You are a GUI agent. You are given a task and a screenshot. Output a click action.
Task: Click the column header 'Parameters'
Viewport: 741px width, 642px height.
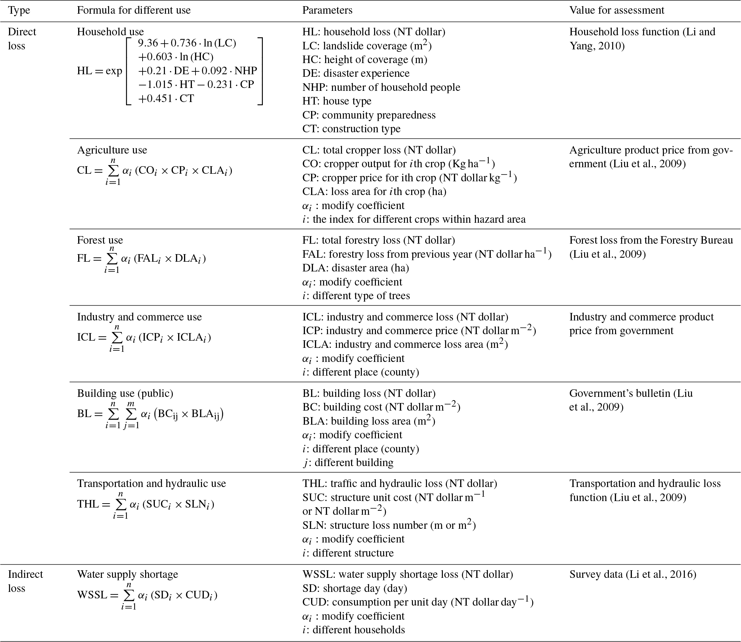point(327,10)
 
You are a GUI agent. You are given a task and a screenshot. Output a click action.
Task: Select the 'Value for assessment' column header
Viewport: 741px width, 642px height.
point(616,10)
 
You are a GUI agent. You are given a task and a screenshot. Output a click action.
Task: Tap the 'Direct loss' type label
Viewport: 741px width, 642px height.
point(22,39)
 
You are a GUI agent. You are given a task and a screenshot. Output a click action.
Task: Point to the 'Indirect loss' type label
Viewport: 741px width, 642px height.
point(25,581)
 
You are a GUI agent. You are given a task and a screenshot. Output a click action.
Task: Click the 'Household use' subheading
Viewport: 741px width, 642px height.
point(110,32)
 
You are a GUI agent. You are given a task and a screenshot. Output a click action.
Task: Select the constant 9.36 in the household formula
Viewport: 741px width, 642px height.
point(148,43)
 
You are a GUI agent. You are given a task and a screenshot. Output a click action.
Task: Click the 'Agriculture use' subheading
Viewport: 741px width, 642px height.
point(112,150)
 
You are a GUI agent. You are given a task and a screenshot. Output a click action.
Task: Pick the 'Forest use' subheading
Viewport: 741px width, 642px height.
point(100,240)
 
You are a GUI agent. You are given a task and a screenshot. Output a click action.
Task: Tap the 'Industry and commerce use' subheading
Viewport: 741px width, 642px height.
point(139,317)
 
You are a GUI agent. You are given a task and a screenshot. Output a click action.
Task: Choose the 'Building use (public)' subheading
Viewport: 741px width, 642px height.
point(125,393)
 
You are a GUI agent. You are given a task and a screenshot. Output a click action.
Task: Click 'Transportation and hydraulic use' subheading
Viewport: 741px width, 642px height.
point(151,483)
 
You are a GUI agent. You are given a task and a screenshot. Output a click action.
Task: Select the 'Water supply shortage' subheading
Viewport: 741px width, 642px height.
point(127,574)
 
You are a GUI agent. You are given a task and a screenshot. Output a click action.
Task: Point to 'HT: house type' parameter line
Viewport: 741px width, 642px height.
point(337,101)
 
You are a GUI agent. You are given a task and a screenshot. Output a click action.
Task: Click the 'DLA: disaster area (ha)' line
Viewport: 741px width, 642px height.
point(355,268)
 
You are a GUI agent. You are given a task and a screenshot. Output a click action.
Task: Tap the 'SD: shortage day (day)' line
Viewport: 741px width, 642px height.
point(354,588)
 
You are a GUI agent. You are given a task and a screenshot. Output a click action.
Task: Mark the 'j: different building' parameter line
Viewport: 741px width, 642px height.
point(348,462)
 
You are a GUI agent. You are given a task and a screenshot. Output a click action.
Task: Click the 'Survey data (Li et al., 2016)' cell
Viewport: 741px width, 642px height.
point(632,574)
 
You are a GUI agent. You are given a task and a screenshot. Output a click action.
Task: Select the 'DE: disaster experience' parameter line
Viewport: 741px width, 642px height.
point(356,73)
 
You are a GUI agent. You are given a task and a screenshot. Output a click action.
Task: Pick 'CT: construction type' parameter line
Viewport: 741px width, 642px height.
point(351,129)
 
